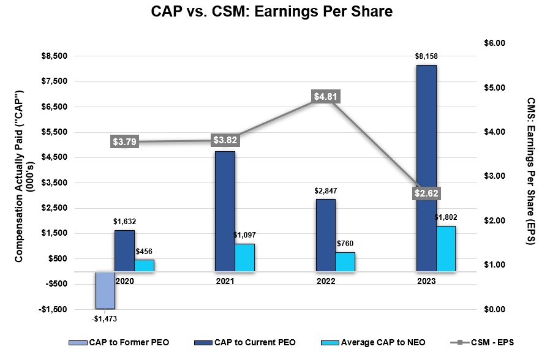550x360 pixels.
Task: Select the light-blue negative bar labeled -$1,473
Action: [105, 290]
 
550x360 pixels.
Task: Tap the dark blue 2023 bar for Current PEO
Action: [426, 168]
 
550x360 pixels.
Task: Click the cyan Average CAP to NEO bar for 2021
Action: [245, 257]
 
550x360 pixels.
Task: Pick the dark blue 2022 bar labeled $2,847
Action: [326, 234]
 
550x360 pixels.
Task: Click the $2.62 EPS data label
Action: [426, 193]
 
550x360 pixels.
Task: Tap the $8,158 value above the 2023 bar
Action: [426, 57]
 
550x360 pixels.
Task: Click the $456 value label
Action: [145, 252]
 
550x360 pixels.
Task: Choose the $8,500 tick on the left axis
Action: [55, 56]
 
